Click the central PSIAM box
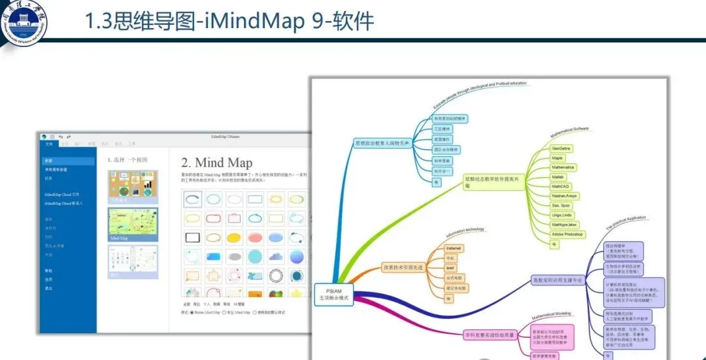point(333,293)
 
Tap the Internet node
point(454,248)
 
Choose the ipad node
point(450,268)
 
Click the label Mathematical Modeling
point(550,314)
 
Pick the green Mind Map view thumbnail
point(132,225)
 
